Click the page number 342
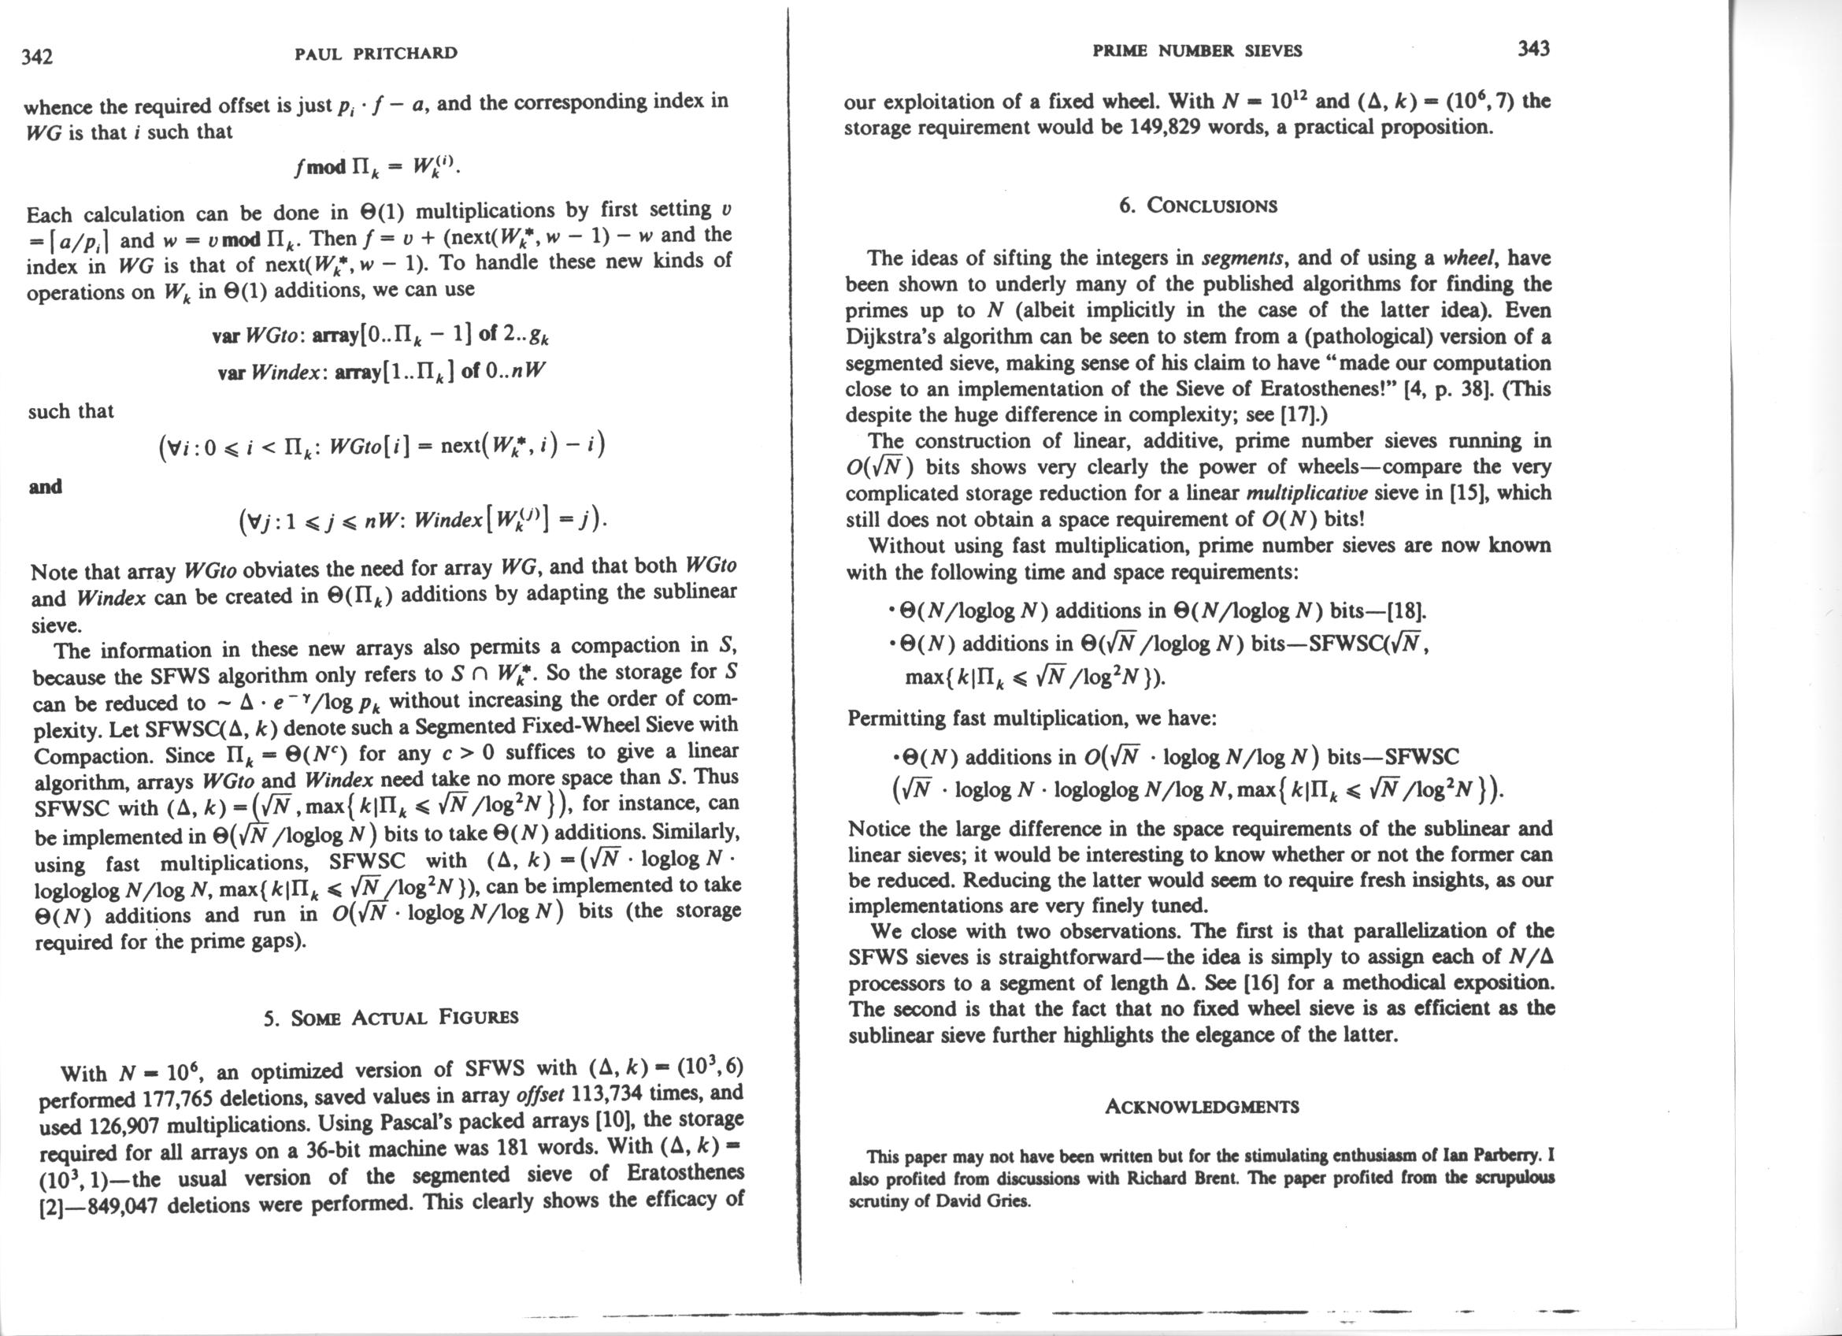[x=37, y=56]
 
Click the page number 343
[x=1533, y=49]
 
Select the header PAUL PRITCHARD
[x=376, y=54]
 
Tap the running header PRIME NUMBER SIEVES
[x=1196, y=50]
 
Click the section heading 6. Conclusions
[x=1197, y=206]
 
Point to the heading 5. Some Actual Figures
[x=391, y=1017]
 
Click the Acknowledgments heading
[x=1202, y=1107]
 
